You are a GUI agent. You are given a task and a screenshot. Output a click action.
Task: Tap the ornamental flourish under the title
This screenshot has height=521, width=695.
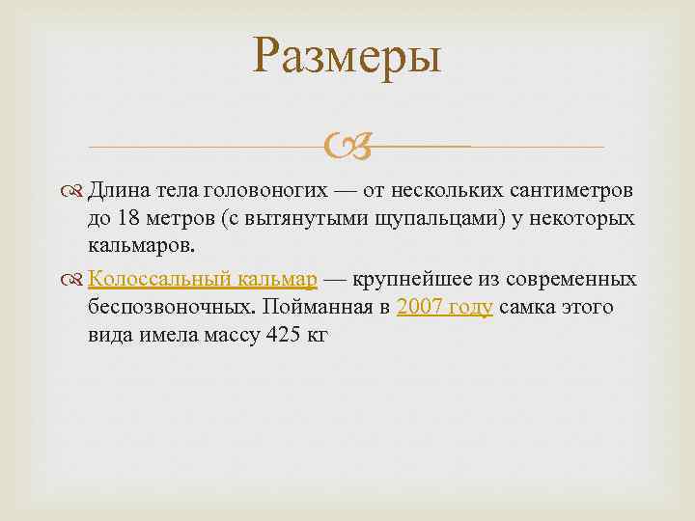(347, 148)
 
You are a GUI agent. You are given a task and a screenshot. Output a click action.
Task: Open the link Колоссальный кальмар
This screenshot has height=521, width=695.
(203, 280)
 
